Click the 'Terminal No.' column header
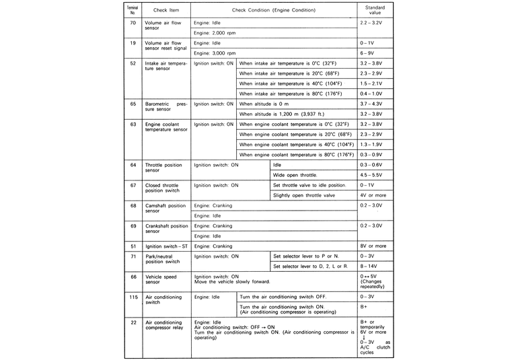(133, 10)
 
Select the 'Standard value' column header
(375, 10)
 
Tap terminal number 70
(133, 22)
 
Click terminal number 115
(133, 297)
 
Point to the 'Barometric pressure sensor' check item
(165, 108)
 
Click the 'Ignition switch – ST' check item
(166, 246)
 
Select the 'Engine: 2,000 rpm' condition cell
(215, 32)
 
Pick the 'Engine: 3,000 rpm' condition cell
(215, 52)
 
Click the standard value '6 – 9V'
(367, 52)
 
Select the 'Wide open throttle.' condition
(295, 174)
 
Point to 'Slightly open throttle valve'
(303, 195)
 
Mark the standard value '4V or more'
(373, 195)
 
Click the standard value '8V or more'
(373, 246)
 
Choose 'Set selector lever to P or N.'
(306, 256)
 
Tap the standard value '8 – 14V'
(369, 266)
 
